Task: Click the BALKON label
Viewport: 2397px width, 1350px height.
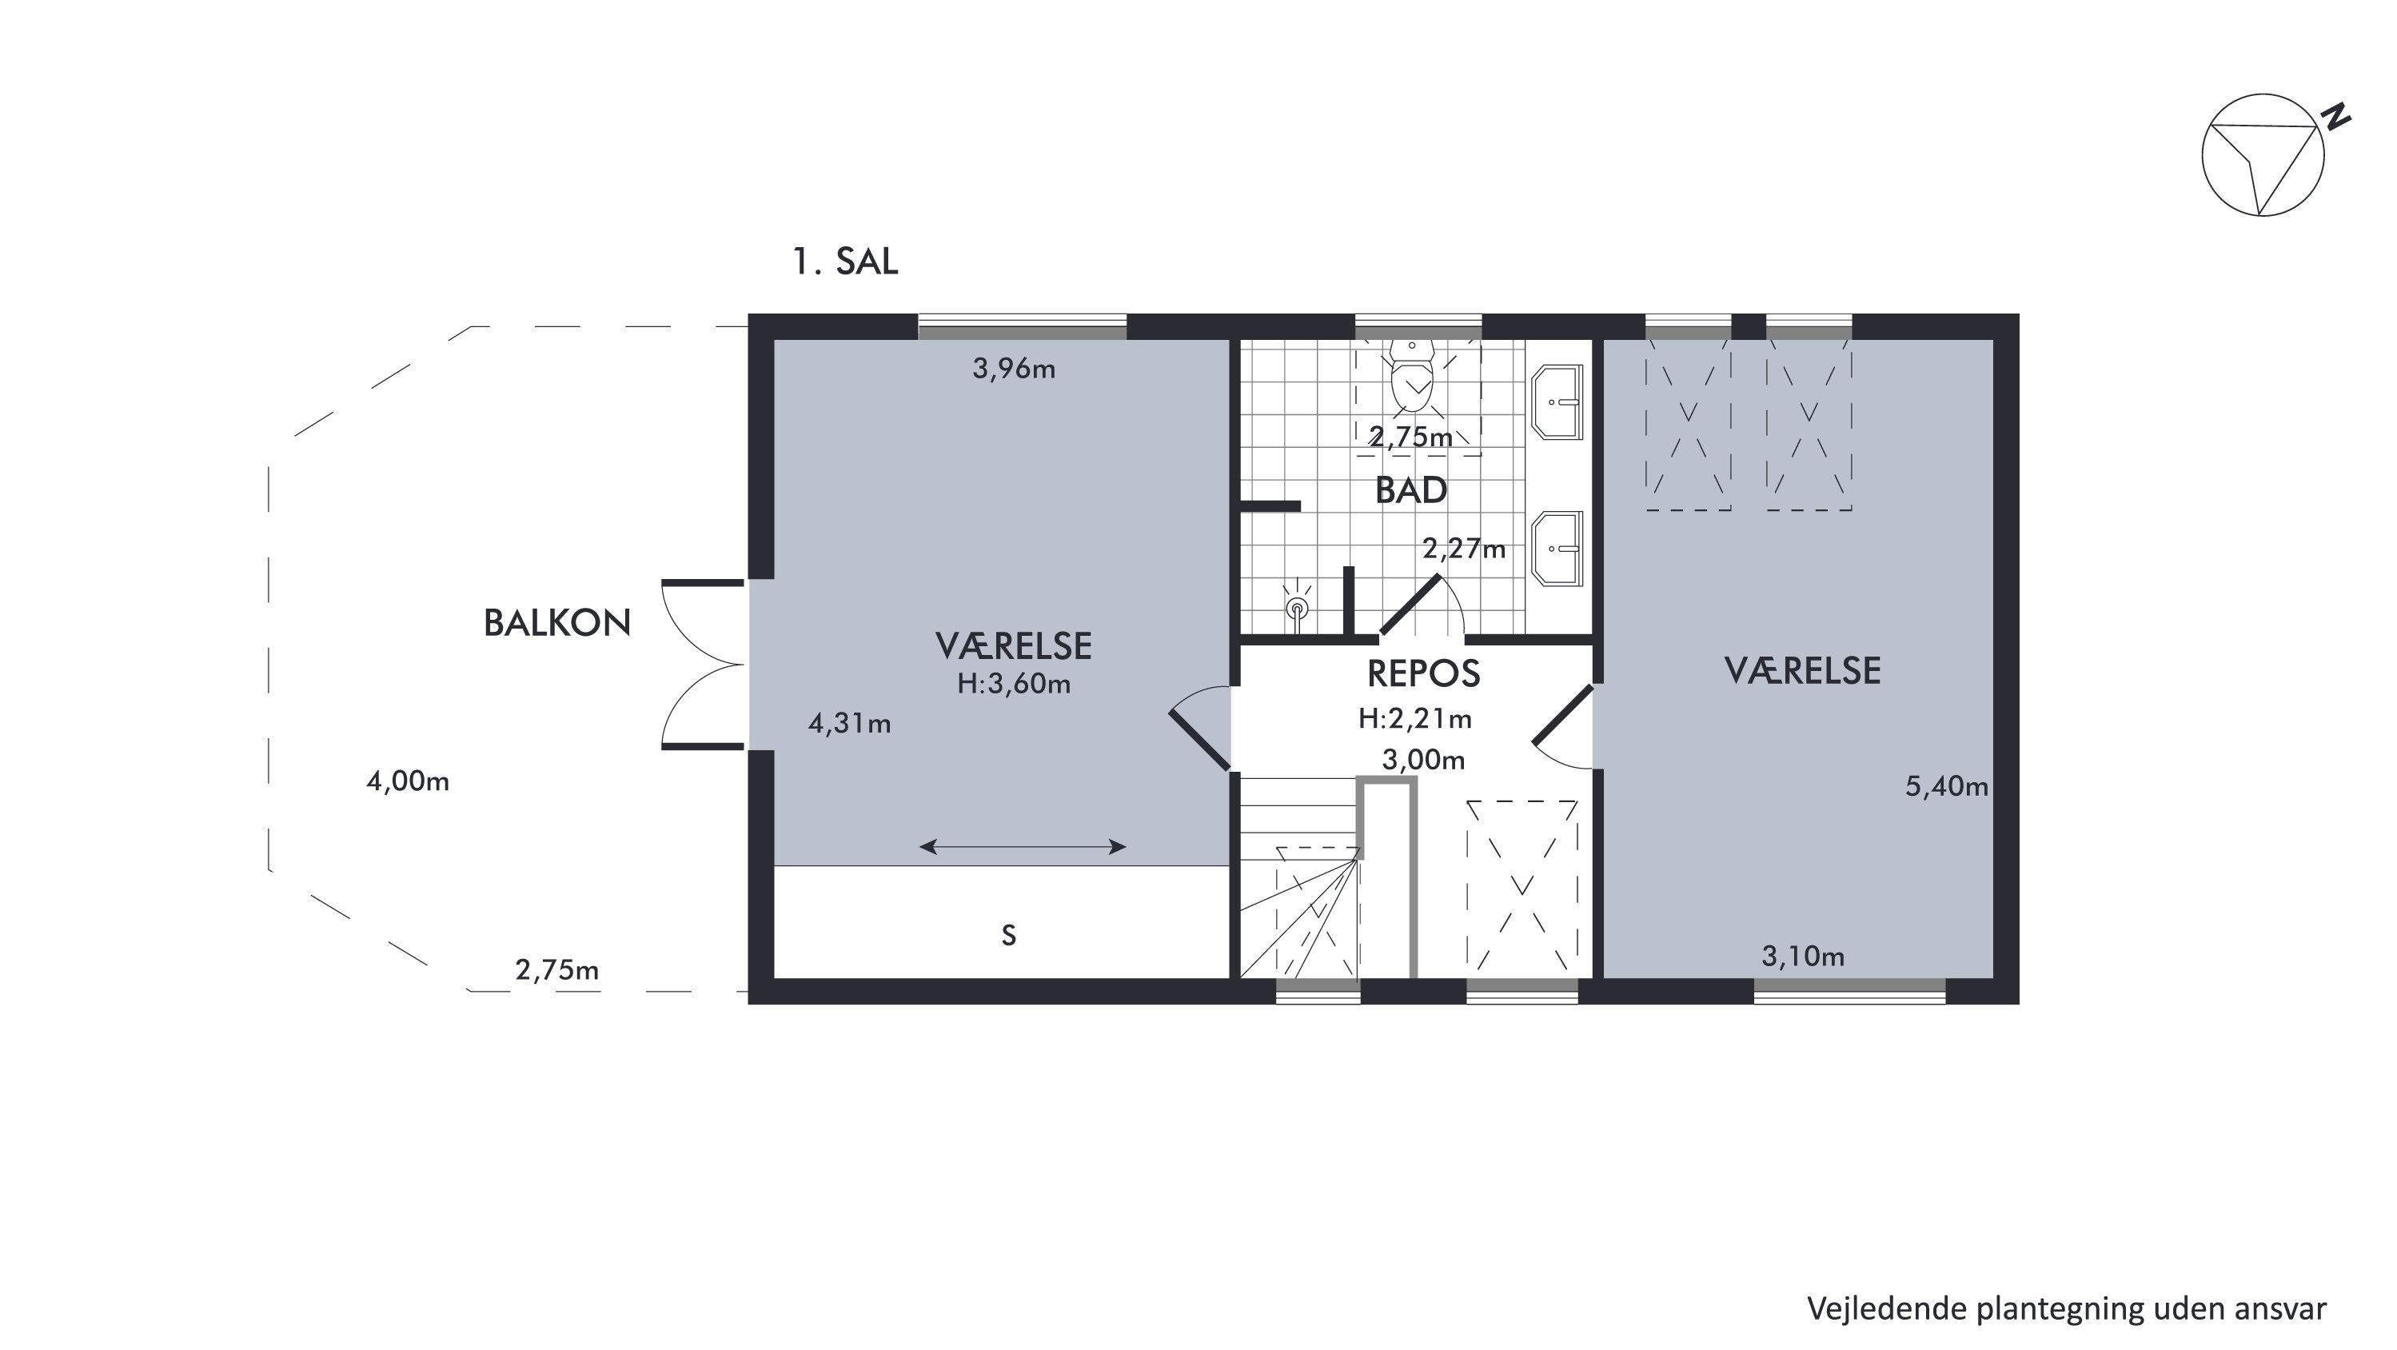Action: pos(557,623)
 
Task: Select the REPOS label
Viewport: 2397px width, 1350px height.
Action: pos(1424,673)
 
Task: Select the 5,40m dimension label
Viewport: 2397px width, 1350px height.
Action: pos(1947,787)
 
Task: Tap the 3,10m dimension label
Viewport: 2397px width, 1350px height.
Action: pos(1803,957)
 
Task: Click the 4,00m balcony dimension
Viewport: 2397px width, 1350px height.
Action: pos(408,781)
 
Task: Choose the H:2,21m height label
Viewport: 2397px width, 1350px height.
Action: pos(1415,719)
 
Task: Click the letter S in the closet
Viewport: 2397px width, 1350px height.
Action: pos(1009,935)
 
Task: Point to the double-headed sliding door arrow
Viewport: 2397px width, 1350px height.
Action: pos(1023,846)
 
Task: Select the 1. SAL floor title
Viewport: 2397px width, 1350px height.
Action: pos(845,262)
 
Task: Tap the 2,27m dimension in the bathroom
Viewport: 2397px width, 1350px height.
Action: pos(1464,549)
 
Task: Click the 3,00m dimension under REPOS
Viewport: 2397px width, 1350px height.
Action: pos(1424,761)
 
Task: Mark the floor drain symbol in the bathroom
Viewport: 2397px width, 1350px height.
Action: pos(1296,609)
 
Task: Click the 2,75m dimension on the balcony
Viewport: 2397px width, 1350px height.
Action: pos(557,970)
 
